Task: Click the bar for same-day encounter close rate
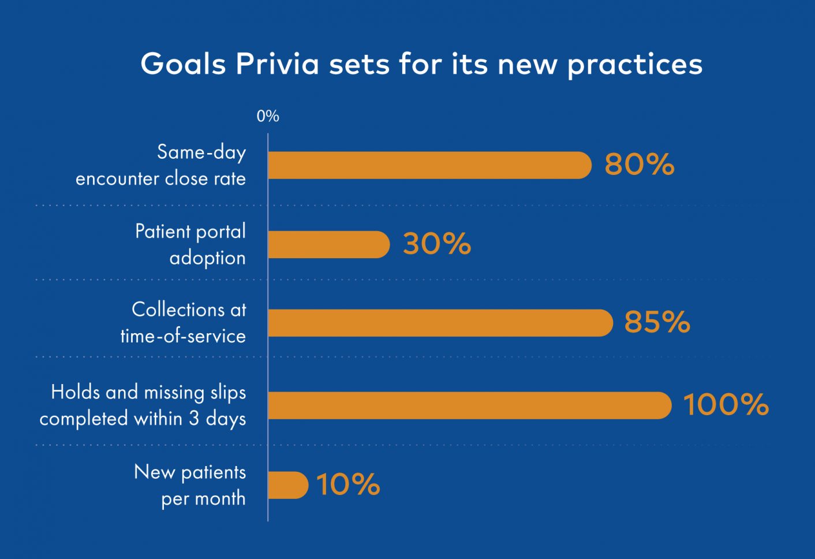pyautogui.click(x=429, y=165)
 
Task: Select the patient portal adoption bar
pyautogui.click(x=329, y=245)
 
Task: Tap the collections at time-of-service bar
pyautogui.click(x=440, y=323)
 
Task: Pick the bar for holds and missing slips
pyautogui.click(x=470, y=405)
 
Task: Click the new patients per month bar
pyautogui.click(x=288, y=485)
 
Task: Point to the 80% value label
pyautogui.click(x=640, y=165)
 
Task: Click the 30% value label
pyautogui.click(x=436, y=244)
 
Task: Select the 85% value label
pyautogui.click(x=657, y=322)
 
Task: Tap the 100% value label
pyautogui.click(x=726, y=404)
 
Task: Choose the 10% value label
pyautogui.click(x=348, y=485)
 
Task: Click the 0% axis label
pyautogui.click(x=268, y=116)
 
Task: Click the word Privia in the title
pyautogui.click(x=277, y=64)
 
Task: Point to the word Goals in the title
pyautogui.click(x=183, y=64)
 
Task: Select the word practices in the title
pyautogui.click(x=635, y=65)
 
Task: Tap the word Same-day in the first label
pyautogui.click(x=201, y=152)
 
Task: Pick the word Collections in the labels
pyautogui.click(x=178, y=310)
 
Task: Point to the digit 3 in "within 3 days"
pyautogui.click(x=194, y=419)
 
